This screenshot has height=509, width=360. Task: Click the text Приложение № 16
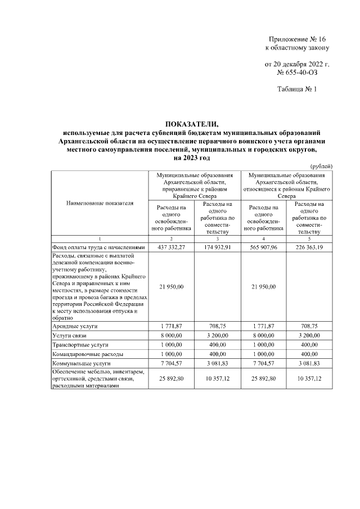click(298, 39)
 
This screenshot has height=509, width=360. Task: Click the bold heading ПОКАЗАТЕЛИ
click(191, 124)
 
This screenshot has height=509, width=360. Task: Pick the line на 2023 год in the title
click(191, 159)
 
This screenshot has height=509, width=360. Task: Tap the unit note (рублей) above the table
click(321, 166)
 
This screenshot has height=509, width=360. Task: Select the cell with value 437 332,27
click(171, 247)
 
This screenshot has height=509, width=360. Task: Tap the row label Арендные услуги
click(74, 326)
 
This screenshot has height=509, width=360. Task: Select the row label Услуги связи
click(70, 335)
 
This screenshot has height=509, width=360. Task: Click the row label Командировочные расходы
click(87, 354)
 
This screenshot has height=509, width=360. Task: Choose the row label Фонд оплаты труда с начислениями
click(99, 247)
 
